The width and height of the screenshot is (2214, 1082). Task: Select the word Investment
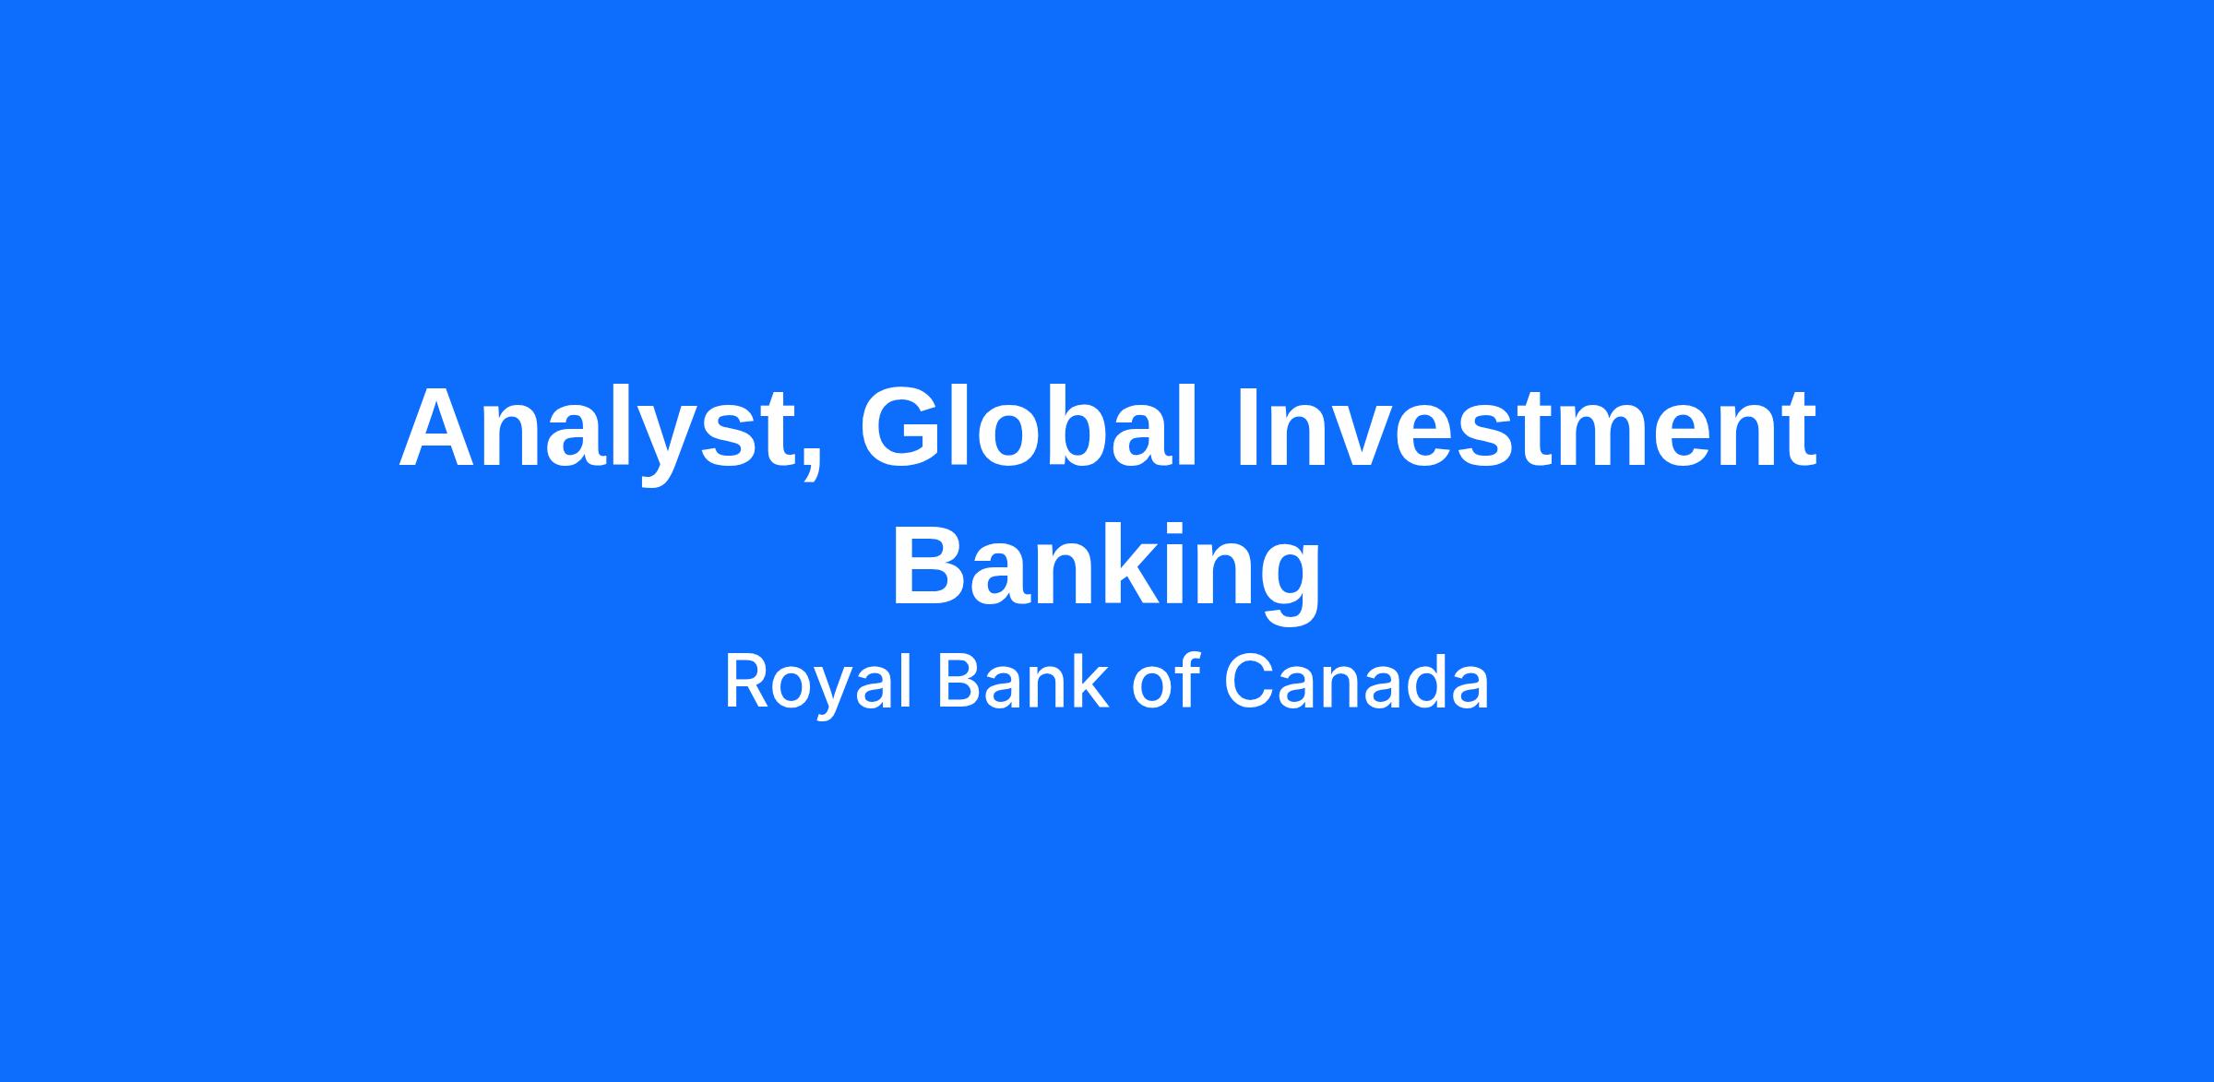1526,427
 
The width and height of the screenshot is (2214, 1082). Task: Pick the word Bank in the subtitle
1022,682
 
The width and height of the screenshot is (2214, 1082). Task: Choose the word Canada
1356,682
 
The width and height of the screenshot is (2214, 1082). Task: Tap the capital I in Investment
1247,427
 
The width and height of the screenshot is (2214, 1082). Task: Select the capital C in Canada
1251,682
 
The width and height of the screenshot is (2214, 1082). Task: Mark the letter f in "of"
1188,681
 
